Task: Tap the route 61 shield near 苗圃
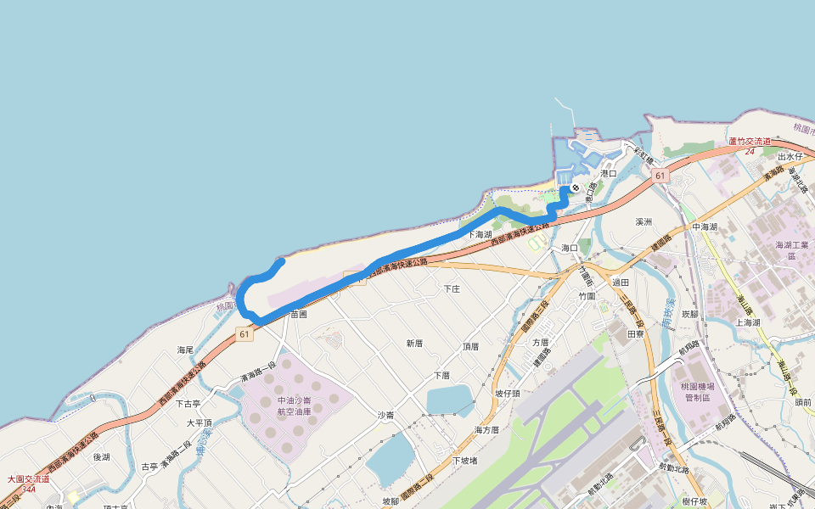tap(244, 334)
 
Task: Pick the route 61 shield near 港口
tap(659, 175)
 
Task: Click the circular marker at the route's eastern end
tap(576, 187)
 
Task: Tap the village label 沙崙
tap(385, 415)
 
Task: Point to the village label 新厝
tap(414, 344)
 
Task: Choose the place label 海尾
tap(186, 350)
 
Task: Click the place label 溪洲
tap(644, 221)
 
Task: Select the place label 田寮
tap(636, 334)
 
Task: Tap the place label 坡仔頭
tap(508, 394)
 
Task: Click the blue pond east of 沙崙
tap(450, 400)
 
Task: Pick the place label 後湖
tap(102, 456)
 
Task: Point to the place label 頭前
tap(803, 403)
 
